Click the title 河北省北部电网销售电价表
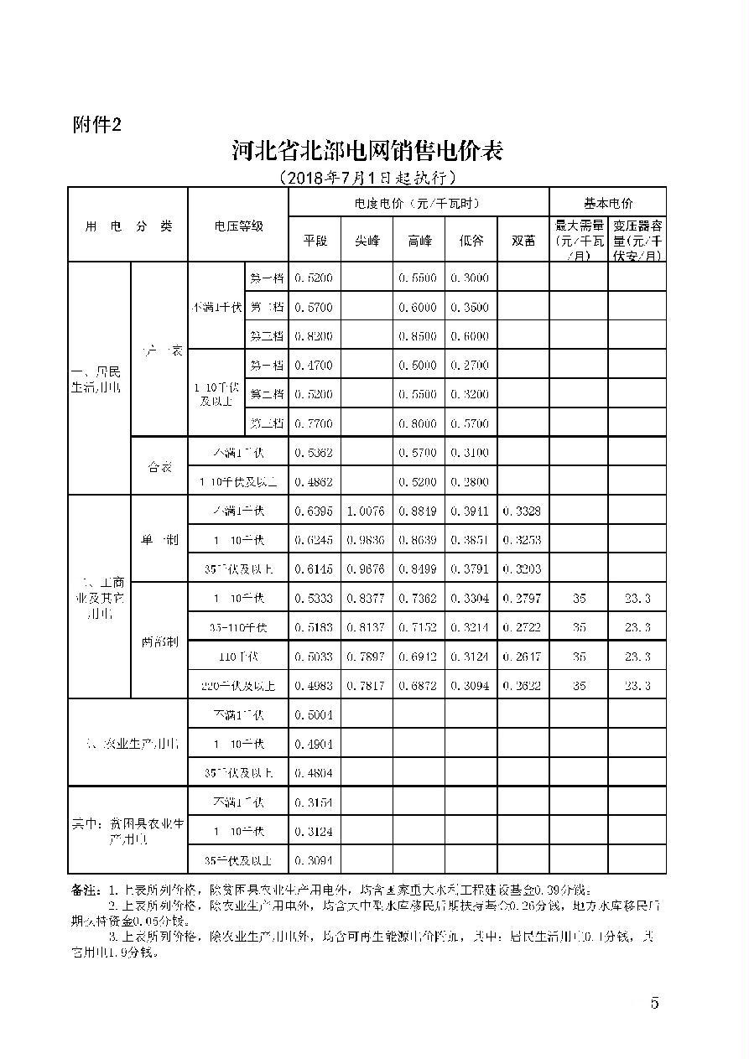click(x=367, y=151)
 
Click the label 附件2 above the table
click(x=97, y=125)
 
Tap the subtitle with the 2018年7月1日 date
click(x=367, y=178)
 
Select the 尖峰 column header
click(x=367, y=240)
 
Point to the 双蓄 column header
click(x=523, y=240)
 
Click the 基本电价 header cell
click(x=607, y=203)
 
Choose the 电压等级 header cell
click(x=238, y=226)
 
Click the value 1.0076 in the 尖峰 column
click(x=367, y=511)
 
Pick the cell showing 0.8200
click(x=315, y=335)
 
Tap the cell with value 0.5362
click(x=315, y=453)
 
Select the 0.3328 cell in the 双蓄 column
click(x=523, y=511)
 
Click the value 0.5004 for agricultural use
click(x=315, y=715)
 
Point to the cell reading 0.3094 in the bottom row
click(x=315, y=860)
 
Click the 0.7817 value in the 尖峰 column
click(x=367, y=686)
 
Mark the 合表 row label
click(x=159, y=467)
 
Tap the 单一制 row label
click(x=159, y=540)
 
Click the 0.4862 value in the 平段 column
click(x=315, y=482)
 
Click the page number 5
click(x=654, y=1004)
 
